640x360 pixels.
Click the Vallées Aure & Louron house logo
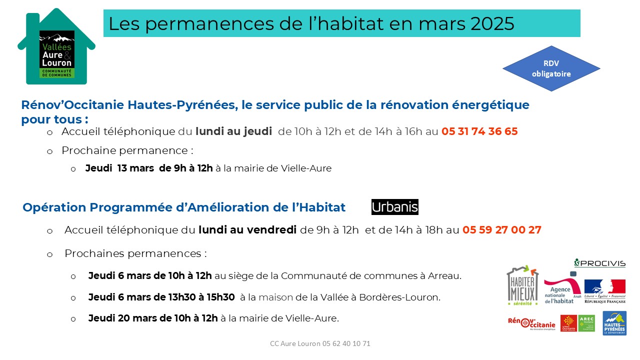pos(56,48)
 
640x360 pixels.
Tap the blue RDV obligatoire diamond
pos(551,68)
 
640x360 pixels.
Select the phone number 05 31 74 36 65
pos(479,131)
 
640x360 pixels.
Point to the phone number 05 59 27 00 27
pos(502,230)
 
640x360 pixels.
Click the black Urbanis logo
pos(395,207)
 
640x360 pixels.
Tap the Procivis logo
pos(599,263)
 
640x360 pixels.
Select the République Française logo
pos(605,291)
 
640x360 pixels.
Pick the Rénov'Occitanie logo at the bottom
pos(531,323)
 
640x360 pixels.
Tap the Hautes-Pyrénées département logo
pos(614,323)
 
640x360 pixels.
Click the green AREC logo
pos(586,323)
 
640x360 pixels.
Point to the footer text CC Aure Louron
pos(320,343)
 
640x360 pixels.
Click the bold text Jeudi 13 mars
pos(119,168)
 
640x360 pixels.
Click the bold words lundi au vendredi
pos(247,230)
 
